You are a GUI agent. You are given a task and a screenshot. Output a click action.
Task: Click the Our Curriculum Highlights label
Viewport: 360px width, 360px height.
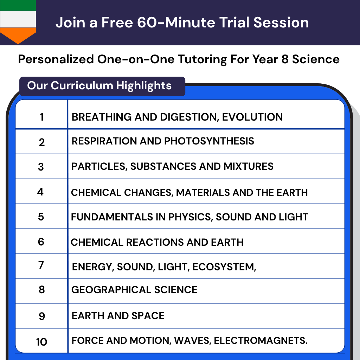click(x=99, y=86)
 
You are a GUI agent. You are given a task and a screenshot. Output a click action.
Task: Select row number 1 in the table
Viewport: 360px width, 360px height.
click(x=42, y=117)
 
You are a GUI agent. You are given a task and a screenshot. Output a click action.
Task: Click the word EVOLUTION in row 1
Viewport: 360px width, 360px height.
click(x=252, y=117)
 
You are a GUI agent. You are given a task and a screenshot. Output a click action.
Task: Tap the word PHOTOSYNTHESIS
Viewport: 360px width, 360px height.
click(x=209, y=141)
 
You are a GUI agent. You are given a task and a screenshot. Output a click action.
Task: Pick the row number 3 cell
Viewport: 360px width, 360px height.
click(x=41, y=167)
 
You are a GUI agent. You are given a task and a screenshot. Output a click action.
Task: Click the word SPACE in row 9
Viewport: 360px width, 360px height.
click(x=149, y=316)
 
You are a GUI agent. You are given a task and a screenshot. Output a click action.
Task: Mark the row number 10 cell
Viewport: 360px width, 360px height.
click(x=41, y=341)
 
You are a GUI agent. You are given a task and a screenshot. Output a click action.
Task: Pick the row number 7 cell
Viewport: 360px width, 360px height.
click(x=41, y=265)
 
